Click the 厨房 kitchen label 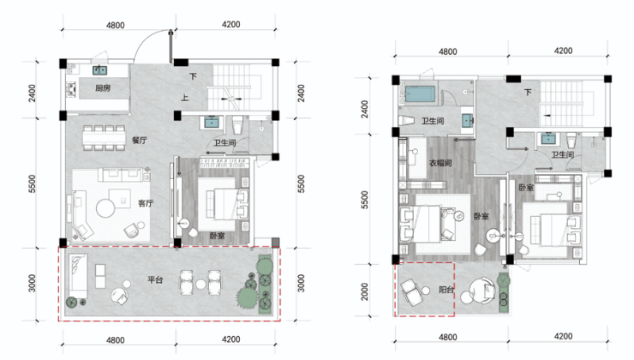coord(103,87)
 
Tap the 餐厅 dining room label coord(139,141)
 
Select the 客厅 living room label coord(146,203)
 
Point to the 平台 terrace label coord(155,279)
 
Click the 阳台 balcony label coord(446,290)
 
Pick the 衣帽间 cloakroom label coord(440,163)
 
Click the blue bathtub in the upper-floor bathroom coord(421,93)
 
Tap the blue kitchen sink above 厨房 coord(99,70)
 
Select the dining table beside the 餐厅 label coord(105,138)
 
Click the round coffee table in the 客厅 coord(106,209)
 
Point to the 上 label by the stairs coord(184,98)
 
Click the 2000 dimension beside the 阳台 coord(365,291)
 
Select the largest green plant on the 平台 coord(247,298)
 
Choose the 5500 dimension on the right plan coord(365,200)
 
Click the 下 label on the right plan coord(528,93)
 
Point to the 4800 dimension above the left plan coord(116,26)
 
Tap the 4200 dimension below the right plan coord(563,337)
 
